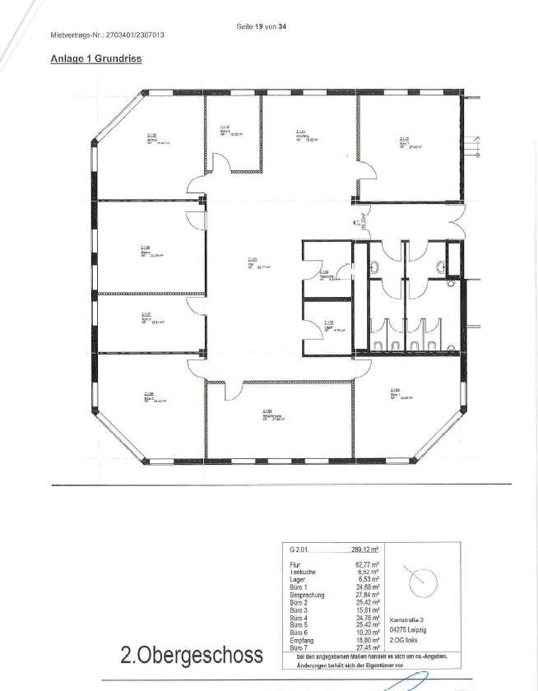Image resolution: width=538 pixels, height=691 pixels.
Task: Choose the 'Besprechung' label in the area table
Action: pyautogui.click(x=305, y=594)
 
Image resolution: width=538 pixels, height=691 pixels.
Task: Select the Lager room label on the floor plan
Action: pyautogui.click(x=327, y=325)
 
